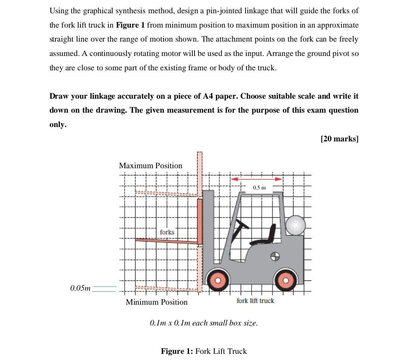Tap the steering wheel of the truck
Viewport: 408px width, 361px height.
click(x=240, y=228)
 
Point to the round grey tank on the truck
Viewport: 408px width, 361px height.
click(x=295, y=225)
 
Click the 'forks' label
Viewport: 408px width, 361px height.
click(x=167, y=232)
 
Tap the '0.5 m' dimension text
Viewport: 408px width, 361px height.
click(x=259, y=187)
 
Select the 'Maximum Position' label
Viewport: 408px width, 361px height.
click(x=150, y=166)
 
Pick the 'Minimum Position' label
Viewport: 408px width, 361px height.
click(x=156, y=302)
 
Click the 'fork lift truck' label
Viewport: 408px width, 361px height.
click(x=255, y=301)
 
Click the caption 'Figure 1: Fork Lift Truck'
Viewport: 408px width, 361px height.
click(x=204, y=351)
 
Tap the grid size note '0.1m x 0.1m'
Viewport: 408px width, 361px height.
click(x=204, y=323)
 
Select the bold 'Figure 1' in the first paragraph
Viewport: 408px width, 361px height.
click(x=130, y=25)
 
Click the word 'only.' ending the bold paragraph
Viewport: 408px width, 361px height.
click(x=58, y=125)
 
